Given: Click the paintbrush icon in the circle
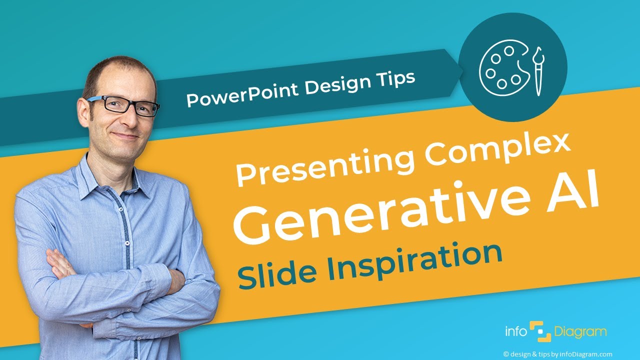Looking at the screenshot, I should click(538, 70).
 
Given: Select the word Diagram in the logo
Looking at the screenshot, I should click(580, 331).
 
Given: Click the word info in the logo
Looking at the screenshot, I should click(516, 331).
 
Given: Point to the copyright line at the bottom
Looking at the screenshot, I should click(557, 353).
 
